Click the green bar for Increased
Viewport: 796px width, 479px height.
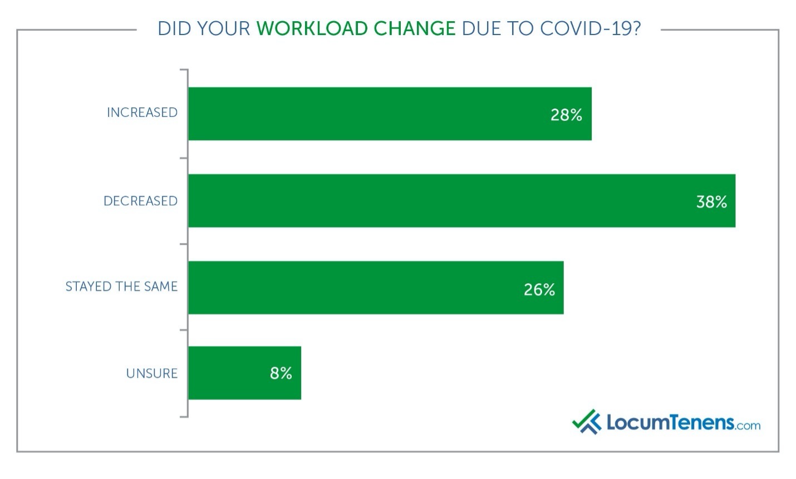390,113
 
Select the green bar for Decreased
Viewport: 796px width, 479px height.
461,200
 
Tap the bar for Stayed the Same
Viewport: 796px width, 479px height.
376,288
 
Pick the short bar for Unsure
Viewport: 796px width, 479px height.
244,373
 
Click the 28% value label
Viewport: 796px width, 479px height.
566,115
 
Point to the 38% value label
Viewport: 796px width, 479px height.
711,201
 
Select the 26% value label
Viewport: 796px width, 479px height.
539,289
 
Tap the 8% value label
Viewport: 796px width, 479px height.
281,373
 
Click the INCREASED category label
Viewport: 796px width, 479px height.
142,112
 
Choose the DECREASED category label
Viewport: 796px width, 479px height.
140,201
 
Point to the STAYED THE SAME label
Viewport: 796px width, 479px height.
121,287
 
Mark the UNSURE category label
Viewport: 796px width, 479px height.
151,373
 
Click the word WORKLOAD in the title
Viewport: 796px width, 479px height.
312,28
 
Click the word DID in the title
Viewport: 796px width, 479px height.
174,28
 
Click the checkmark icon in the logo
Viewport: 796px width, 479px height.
586,422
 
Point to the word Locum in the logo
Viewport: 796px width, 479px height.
640,422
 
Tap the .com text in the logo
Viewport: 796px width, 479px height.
748,426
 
